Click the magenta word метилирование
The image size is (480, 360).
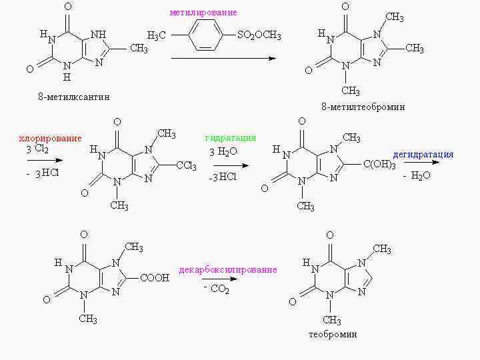pos(203,13)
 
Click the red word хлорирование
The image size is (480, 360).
pos(50,139)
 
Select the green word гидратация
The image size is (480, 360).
pos(231,138)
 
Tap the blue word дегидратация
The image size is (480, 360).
pos(423,155)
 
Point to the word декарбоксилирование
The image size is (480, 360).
pos(228,270)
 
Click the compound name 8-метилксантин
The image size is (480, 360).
pos(73,97)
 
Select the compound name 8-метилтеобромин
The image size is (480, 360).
pos(363,107)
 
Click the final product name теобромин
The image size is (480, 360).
pos(333,334)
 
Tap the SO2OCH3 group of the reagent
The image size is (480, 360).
pos(259,36)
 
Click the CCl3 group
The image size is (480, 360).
pos(186,166)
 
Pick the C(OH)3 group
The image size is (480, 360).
pos(379,165)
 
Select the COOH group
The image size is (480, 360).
pos(155,278)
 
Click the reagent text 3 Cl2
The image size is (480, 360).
pos(37,149)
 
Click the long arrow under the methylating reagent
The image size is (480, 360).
pos(223,59)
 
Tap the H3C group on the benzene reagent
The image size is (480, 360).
pos(157,36)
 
